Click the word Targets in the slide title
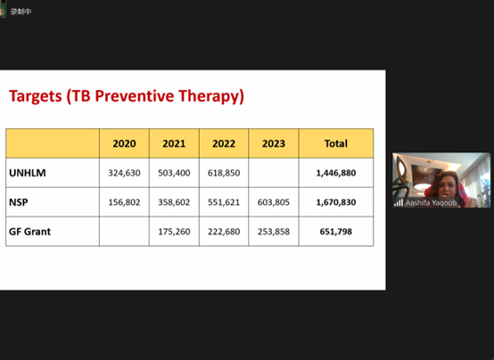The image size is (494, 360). coord(36,96)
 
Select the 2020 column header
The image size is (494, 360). coord(125,143)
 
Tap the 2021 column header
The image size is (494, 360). coord(174,143)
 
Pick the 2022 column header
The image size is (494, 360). coord(224,143)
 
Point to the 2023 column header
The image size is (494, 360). coord(274,143)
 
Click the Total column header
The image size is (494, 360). coord(336,143)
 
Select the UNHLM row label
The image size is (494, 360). coord(28,173)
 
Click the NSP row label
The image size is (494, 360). coord(18,202)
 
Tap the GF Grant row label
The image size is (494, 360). coord(30,232)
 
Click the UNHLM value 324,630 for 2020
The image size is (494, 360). coord(125,173)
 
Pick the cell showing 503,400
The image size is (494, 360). coord(174,173)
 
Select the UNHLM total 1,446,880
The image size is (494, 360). coord(336,173)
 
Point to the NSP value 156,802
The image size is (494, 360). coord(125,202)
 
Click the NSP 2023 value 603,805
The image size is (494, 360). coord(274,202)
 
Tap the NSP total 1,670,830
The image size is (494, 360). coord(336,202)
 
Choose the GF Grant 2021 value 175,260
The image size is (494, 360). coord(174,232)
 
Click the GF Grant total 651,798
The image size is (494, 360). coord(336,232)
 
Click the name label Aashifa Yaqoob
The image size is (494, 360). coord(431,203)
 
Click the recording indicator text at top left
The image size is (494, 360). coord(21,12)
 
